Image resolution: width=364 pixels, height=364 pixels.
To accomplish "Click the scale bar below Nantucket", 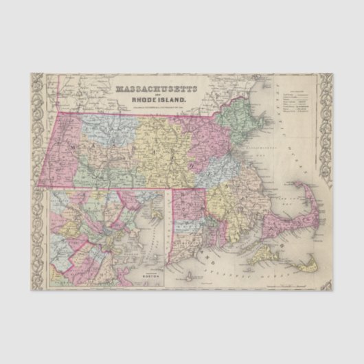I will [302, 282].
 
